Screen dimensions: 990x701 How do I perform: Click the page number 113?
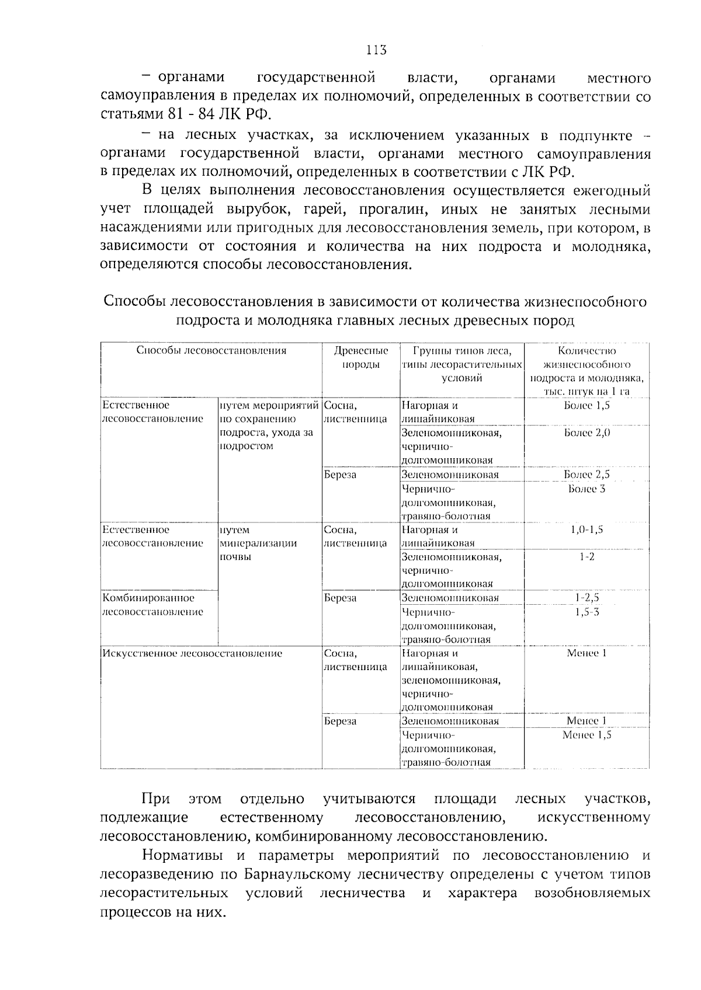[376, 50]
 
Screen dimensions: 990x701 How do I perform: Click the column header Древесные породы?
[360, 357]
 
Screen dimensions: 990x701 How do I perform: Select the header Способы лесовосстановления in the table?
[211, 350]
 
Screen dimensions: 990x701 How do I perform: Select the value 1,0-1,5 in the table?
[587, 529]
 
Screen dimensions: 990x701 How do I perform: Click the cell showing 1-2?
[587, 557]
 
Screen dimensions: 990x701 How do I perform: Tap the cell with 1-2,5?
[587, 598]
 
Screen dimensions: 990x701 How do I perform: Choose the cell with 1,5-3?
[587, 612]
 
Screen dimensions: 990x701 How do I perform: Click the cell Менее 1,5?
[587, 735]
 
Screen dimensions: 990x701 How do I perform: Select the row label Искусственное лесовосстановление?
[192, 653]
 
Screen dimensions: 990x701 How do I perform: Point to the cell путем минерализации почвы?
[258, 543]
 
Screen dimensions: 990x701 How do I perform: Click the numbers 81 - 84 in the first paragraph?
[193, 113]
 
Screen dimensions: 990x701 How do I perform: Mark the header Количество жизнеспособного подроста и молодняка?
[587, 371]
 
